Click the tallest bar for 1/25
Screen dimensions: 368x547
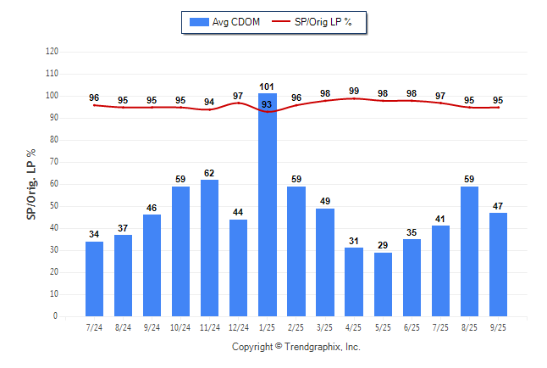pyautogui.click(x=268, y=204)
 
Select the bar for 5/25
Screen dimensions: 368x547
pyautogui.click(x=383, y=284)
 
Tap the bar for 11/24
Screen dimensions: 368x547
pyautogui.click(x=209, y=248)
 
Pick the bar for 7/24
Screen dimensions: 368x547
pyautogui.click(x=94, y=278)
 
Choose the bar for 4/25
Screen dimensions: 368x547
pyautogui.click(x=354, y=282)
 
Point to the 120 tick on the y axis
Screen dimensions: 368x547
pyautogui.click(x=52, y=52)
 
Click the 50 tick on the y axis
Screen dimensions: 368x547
pyautogui.click(x=53, y=206)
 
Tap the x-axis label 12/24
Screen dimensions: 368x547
pyautogui.click(x=238, y=326)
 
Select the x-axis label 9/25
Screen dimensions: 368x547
pyautogui.click(x=498, y=326)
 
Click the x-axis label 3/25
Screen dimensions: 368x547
pyautogui.click(x=324, y=326)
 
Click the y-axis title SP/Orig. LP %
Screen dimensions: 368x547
pyautogui.click(x=31, y=182)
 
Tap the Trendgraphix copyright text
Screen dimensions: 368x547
pyautogui.click(x=296, y=347)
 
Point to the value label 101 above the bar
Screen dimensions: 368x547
pyautogui.click(x=268, y=86)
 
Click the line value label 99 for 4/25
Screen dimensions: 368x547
pyautogui.click(x=354, y=91)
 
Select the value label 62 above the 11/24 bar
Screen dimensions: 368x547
pyautogui.click(x=209, y=173)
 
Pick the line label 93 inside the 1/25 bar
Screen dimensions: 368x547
pyautogui.click(x=268, y=104)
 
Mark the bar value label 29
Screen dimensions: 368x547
pyautogui.click(x=383, y=245)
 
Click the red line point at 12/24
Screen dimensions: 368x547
pyautogui.click(x=238, y=103)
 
